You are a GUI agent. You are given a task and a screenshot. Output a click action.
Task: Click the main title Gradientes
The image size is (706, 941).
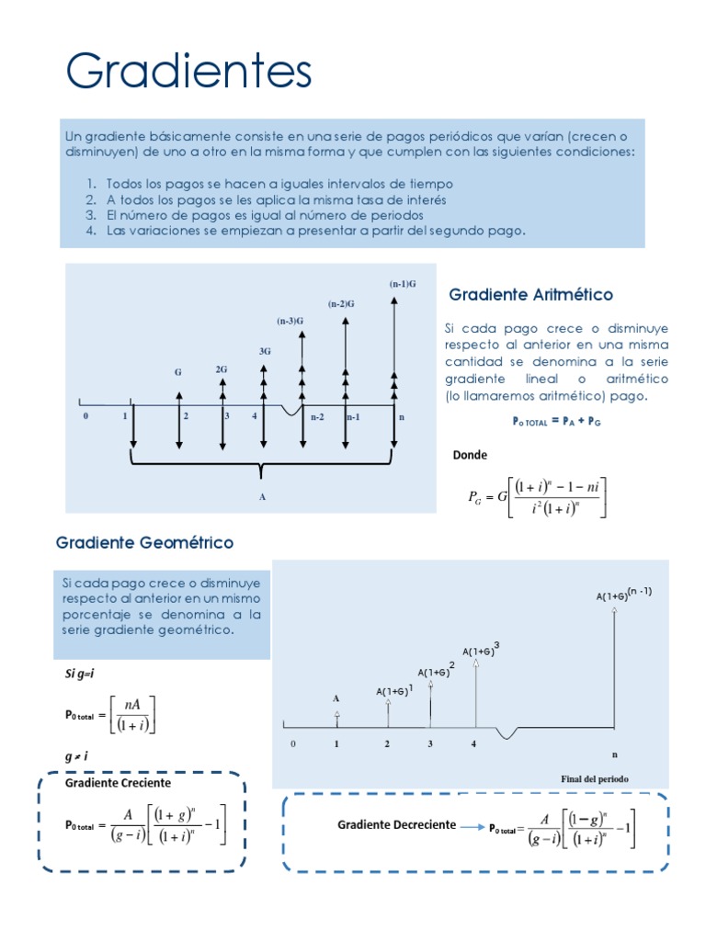click(x=188, y=72)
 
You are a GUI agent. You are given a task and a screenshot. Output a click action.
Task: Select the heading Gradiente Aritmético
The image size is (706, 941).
click(x=530, y=295)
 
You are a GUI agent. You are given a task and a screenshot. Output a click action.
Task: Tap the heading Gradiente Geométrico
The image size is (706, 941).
click(x=144, y=543)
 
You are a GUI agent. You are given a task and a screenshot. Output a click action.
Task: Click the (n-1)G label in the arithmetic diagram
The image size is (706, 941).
click(x=403, y=284)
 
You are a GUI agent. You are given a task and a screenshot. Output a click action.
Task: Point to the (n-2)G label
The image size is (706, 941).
click(x=342, y=303)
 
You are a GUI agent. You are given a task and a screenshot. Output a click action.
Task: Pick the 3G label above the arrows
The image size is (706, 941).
click(x=265, y=351)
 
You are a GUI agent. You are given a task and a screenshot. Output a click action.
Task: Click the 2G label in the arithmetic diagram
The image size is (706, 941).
click(x=222, y=368)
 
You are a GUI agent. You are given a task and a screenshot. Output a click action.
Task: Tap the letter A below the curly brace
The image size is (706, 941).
click(x=263, y=495)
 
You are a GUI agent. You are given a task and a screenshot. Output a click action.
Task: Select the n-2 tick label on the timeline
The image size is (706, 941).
click(x=317, y=417)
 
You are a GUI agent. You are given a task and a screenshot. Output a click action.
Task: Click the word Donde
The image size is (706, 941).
click(x=470, y=455)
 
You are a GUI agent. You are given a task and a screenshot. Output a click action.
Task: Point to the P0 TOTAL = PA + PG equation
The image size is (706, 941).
click(x=555, y=422)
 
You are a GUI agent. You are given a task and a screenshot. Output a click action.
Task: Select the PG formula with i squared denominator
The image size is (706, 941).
click(x=538, y=497)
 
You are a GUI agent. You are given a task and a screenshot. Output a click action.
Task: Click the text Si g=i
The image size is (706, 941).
click(x=80, y=674)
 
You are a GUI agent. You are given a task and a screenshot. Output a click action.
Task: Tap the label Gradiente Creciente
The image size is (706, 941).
click(x=118, y=783)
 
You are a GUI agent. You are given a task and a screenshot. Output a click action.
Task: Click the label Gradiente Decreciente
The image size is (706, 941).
click(x=396, y=824)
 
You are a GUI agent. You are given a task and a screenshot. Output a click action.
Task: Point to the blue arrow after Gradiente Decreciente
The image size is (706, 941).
click(x=473, y=826)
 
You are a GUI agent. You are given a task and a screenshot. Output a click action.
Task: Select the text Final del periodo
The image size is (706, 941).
click(x=595, y=778)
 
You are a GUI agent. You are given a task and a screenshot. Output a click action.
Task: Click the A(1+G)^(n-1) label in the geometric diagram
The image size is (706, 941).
click(x=623, y=594)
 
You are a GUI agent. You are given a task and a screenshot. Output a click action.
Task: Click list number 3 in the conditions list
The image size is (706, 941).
click(x=92, y=215)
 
